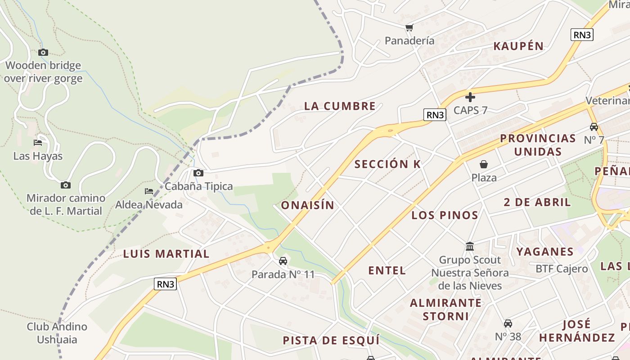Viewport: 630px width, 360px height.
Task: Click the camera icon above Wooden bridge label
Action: (43, 52)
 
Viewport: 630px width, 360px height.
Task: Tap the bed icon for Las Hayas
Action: (38, 143)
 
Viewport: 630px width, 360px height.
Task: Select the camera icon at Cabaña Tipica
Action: (198, 173)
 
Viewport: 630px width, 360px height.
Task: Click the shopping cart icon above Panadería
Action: (409, 27)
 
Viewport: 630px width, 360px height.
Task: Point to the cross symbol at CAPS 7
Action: (470, 97)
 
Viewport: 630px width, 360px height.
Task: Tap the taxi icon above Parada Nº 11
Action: (283, 261)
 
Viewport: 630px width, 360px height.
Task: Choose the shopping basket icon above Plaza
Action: (484, 164)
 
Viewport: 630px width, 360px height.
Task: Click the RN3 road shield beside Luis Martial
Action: (165, 284)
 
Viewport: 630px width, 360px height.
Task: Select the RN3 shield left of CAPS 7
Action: (435, 115)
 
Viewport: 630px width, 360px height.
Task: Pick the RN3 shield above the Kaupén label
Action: (582, 35)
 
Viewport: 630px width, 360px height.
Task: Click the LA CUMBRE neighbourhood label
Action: (340, 106)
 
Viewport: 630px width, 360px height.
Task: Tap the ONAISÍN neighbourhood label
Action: (308, 205)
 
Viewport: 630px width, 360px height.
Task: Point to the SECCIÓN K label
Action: (387, 164)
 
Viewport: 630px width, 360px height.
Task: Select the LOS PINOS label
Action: (445, 215)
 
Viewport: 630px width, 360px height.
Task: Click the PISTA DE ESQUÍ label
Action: (331, 340)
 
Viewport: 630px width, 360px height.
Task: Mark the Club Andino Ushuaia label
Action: (57, 333)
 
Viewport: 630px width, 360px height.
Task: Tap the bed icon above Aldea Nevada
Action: (149, 191)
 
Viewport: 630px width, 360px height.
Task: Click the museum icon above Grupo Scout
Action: (470, 246)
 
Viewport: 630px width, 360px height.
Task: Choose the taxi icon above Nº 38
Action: (508, 323)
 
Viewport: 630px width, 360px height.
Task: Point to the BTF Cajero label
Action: (562, 269)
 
